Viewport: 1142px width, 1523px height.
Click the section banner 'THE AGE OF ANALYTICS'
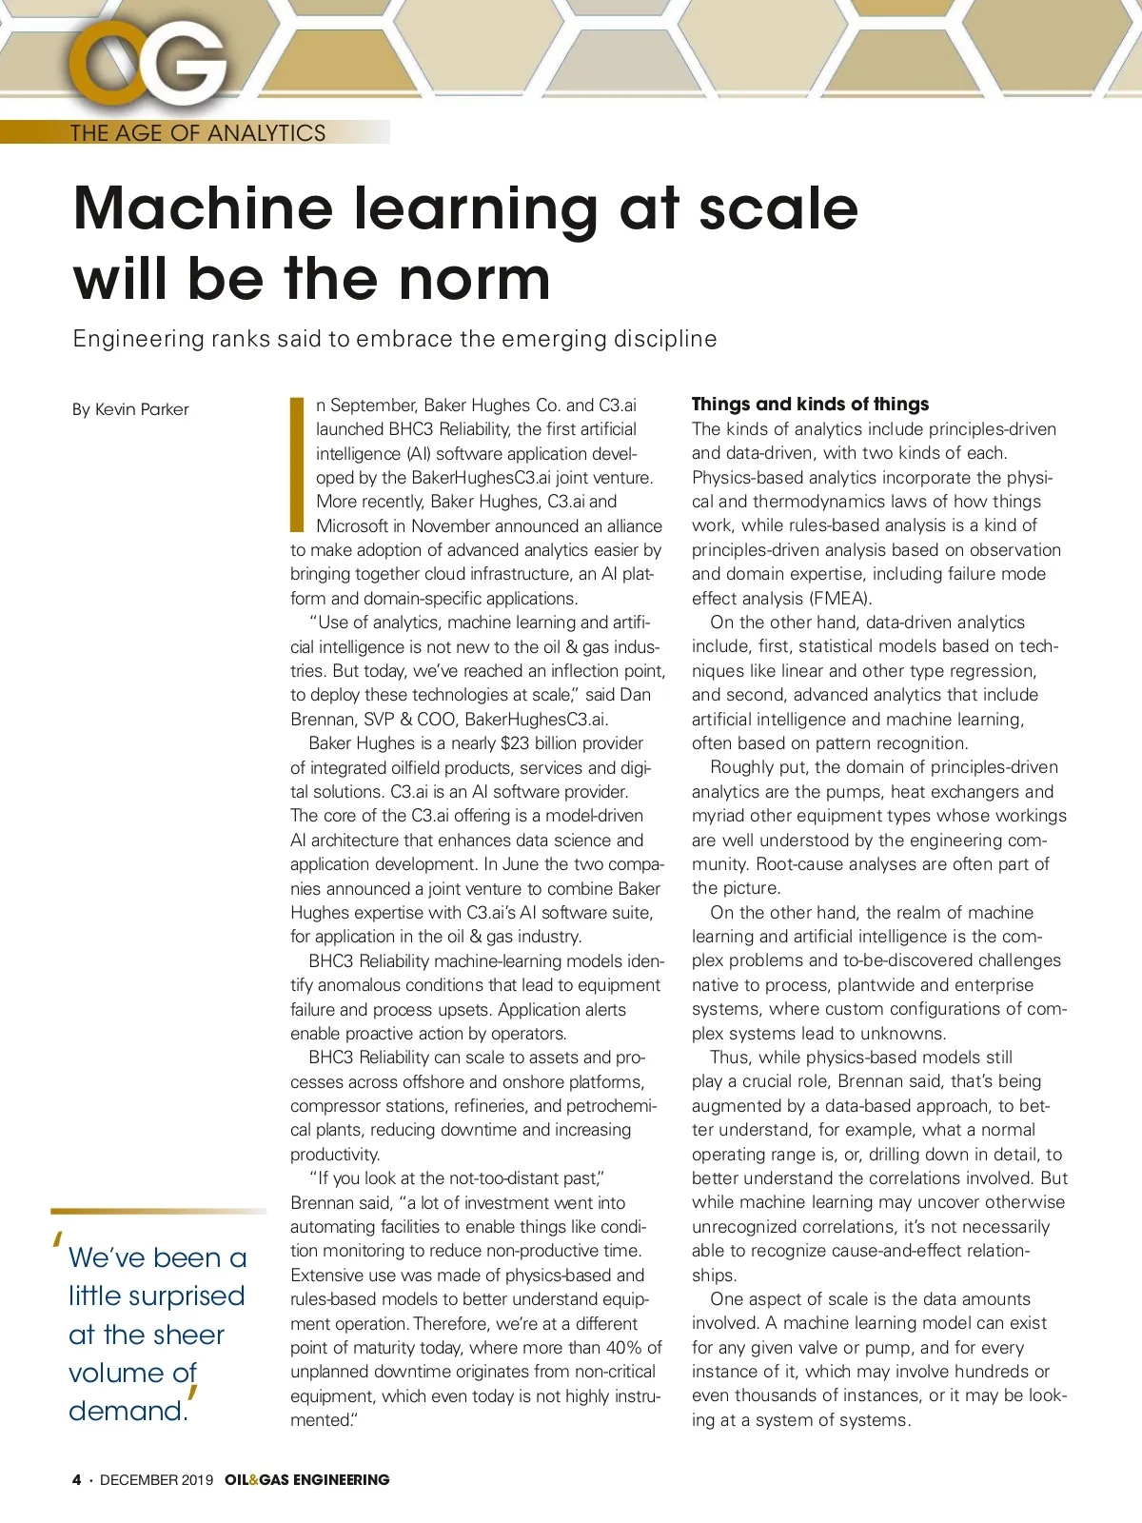pyautogui.click(x=198, y=133)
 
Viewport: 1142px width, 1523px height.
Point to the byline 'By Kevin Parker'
pyautogui.click(x=130, y=409)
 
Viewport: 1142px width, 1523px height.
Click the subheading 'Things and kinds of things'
pyautogui.click(x=810, y=404)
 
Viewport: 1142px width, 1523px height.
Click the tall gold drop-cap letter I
pyautogui.click(x=296, y=464)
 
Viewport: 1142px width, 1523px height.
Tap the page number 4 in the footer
pyautogui.click(x=77, y=1480)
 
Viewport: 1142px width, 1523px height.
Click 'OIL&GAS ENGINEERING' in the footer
pyautogui.click(x=307, y=1480)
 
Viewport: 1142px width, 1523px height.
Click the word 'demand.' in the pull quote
pyautogui.click(x=128, y=1411)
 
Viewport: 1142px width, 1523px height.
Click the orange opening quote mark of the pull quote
pyautogui.click(x=59, y=1240)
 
